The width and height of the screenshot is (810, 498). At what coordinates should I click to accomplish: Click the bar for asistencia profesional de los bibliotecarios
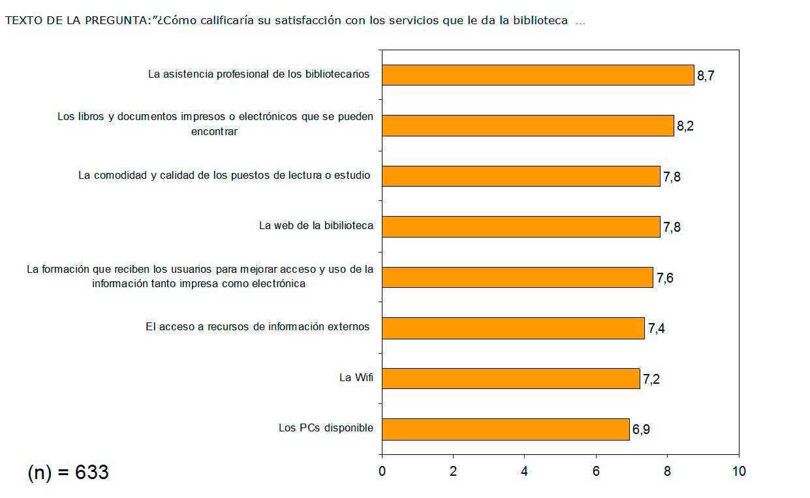(x=537, y=75)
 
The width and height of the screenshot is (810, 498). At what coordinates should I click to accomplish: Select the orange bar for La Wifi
(x=510, y=379)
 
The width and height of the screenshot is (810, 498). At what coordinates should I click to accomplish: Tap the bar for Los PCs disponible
(x=505, y=429)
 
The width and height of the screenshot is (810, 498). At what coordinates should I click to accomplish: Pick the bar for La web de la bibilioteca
(x=520, y=226)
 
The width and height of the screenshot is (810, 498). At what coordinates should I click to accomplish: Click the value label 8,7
(x=706, y=76)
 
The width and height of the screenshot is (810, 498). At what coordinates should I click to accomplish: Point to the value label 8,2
(x=685, y=126)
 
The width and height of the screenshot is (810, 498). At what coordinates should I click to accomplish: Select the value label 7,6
(x=664, y=278)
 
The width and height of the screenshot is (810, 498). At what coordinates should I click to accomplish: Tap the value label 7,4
(x=656, y=328)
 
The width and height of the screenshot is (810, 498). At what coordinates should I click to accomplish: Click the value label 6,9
(x=641, y=429)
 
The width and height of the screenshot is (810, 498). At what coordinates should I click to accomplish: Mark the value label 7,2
(x=651, y=379)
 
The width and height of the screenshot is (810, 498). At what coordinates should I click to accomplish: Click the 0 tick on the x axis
(x=382, y=471)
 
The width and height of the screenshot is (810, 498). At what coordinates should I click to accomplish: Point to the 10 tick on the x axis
(x=738, y=471)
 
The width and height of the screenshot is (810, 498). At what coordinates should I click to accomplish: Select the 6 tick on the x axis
(x=596, y=471)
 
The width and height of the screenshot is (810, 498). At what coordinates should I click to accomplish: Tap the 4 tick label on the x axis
(x=525, y=471)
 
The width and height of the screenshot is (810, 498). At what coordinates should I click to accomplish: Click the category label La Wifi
(x=356, y=377)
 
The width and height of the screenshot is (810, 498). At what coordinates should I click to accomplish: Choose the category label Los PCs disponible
(x=326, y=428)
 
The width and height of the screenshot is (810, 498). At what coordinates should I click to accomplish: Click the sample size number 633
(x=92, y=473)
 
